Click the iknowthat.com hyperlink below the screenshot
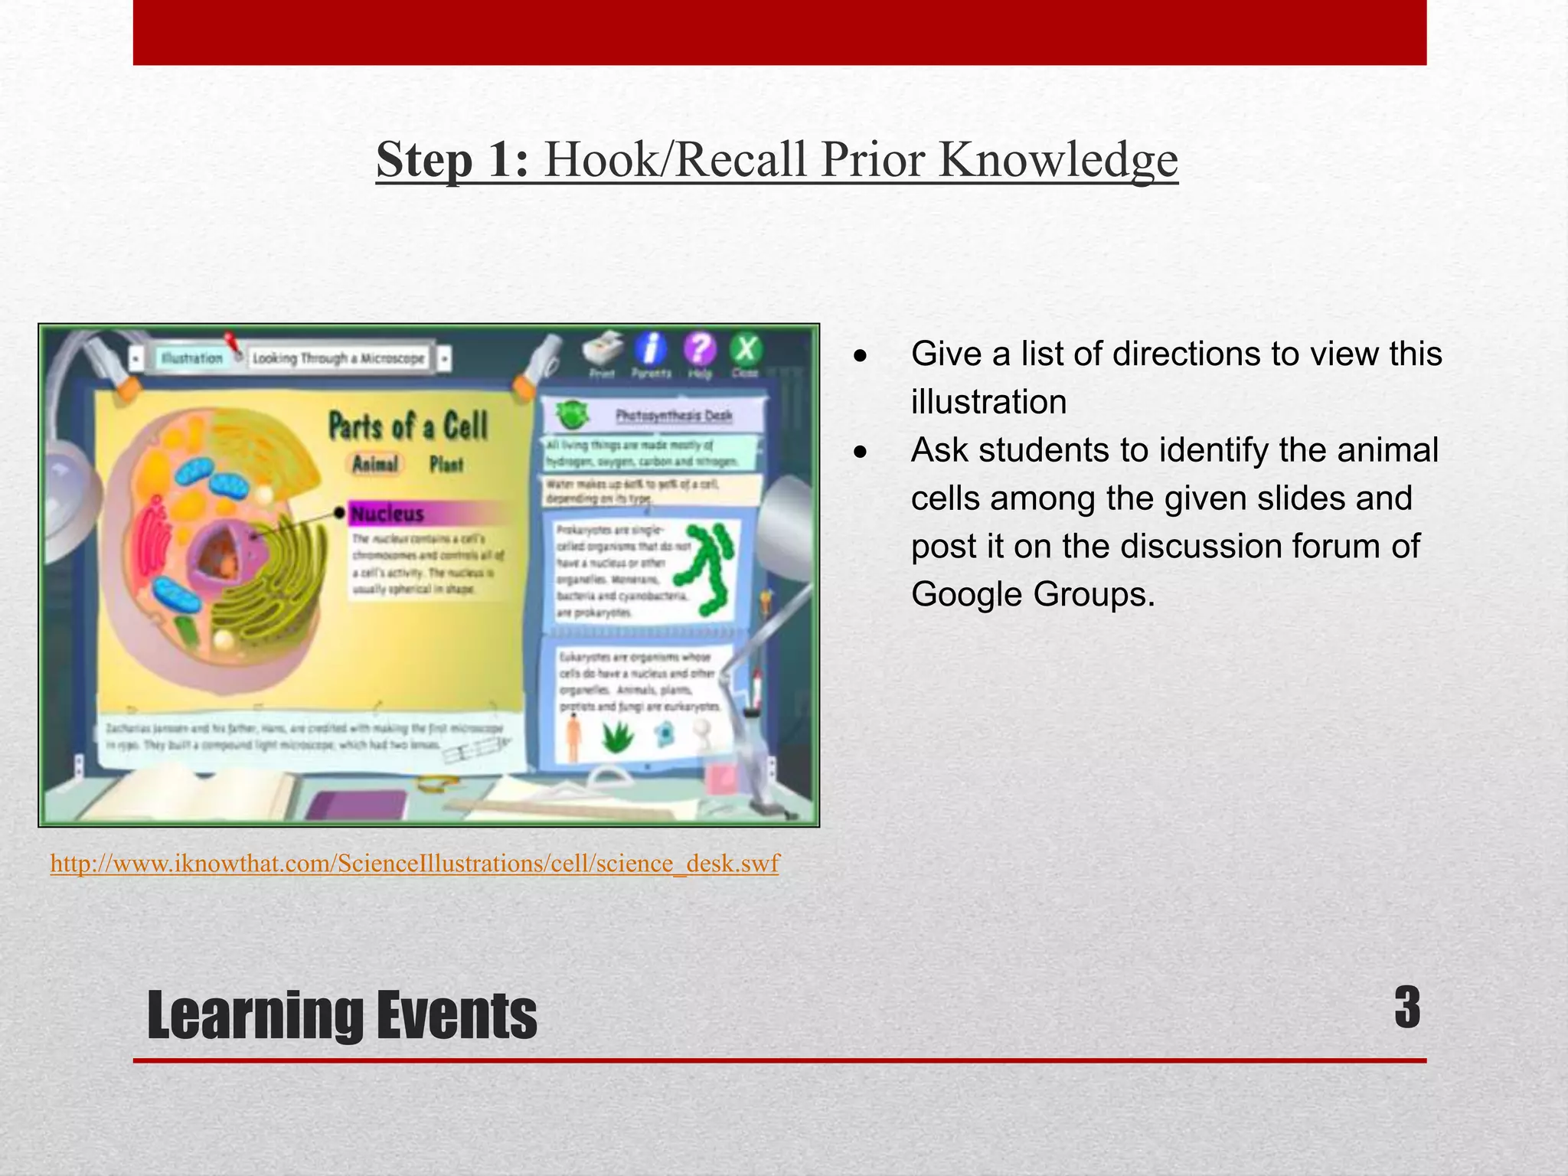(x=414, y=864)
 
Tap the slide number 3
(x=1406, y=1008)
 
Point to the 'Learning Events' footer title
(x=341, y=1015)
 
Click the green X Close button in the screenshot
(x=745, y=350)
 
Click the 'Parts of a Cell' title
(x=408, y=426)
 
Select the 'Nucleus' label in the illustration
(x=387, y=514)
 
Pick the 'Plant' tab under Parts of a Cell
(x=446, y=464)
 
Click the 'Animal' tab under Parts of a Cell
(x=375, y=464)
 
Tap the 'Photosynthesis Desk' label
(x=674, y=416)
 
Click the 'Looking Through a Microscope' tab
(x=338, y=358)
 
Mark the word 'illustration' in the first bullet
(x=988, y=402)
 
